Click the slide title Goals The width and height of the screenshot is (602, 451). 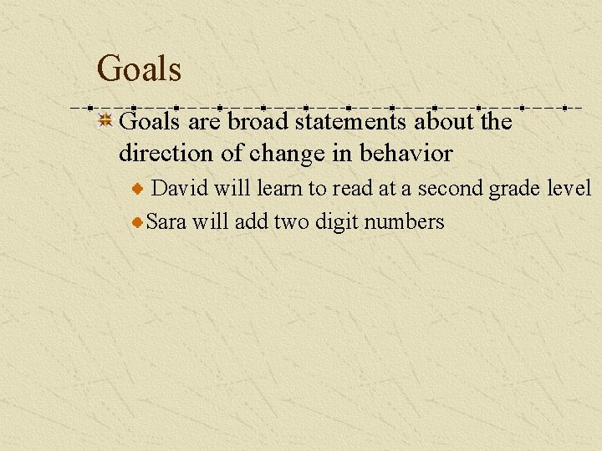(139, 68)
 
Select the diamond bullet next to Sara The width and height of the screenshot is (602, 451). (138, 222)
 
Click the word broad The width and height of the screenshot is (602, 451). (258, 123)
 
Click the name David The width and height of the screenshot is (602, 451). (180, 189)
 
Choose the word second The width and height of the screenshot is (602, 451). (450, 189)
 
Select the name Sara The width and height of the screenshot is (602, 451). (166, 222)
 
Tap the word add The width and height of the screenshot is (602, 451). (249, 222)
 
